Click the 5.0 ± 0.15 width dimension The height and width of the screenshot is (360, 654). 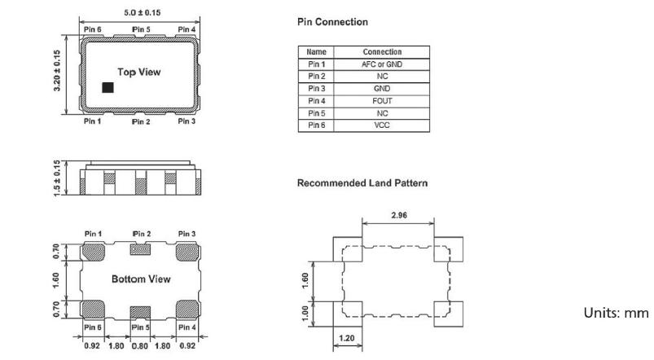tap(140, 13)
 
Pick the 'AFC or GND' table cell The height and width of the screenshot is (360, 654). tap(380, 64)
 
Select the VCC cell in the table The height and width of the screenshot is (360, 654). tap(380, 125)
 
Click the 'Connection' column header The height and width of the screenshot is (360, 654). tap(380, 52)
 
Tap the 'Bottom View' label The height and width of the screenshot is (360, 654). tap(141, 279)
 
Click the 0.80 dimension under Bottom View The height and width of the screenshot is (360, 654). tap(141, 345)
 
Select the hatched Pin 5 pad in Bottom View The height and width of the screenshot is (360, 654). tap(141, 311)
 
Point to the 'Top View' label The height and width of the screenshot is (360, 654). tap(139, 72)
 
